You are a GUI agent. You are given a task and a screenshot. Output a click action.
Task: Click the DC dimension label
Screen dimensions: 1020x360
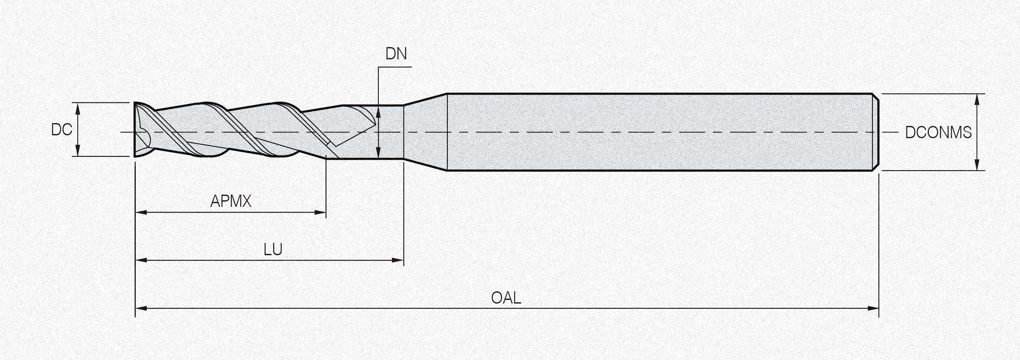pos(62,130)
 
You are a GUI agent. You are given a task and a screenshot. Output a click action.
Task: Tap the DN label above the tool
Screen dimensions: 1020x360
pos(396,54)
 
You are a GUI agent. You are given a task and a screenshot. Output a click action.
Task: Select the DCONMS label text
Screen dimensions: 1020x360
pos(938,132)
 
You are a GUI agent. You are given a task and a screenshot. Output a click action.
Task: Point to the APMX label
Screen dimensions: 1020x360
pos(231,201)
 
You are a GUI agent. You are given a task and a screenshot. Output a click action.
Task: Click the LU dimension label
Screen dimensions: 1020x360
pos(273,249)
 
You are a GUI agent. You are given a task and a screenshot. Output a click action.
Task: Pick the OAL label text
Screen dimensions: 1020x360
pos(506,298)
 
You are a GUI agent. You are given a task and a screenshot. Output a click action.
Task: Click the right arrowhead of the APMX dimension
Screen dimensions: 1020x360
pos(321,212)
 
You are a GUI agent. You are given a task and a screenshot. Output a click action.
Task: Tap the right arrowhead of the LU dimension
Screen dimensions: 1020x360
pos(398,260)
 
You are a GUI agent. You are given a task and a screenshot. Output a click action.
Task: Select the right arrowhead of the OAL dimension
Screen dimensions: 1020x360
pos(873,308)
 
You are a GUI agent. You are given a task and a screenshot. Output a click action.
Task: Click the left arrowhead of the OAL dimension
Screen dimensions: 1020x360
pos(141,308)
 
